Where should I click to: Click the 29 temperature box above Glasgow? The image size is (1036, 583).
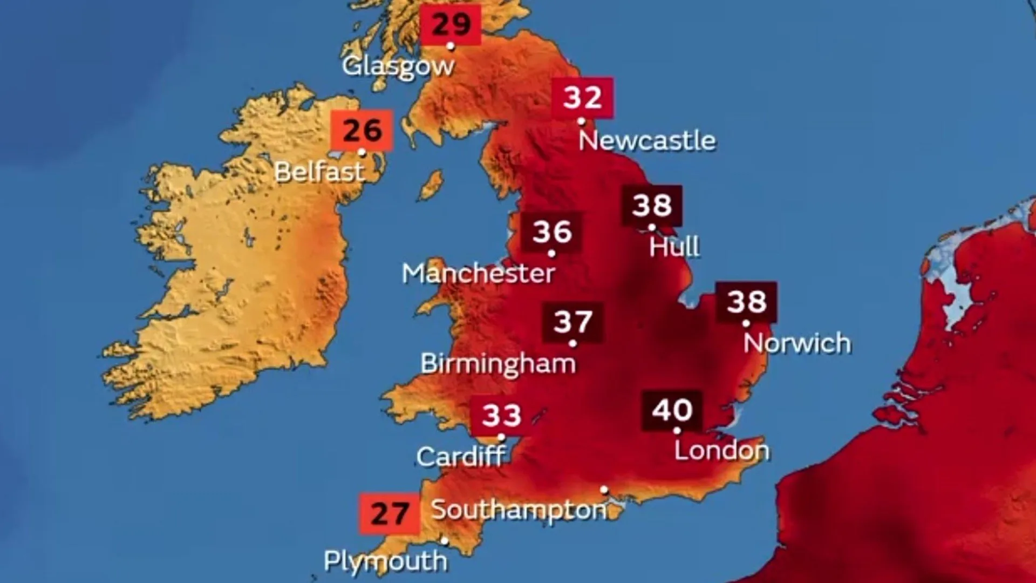451,24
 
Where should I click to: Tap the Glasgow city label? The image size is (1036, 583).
398,66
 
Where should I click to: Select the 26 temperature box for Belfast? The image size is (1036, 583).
362,130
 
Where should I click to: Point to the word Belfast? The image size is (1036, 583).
319,172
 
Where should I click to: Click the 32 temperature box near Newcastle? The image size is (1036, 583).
582,97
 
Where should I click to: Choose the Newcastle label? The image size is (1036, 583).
647,140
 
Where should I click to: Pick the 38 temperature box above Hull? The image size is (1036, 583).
652,205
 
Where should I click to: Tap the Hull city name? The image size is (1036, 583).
674,246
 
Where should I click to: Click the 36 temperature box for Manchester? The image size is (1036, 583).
551,232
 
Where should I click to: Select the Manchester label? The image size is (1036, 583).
478,273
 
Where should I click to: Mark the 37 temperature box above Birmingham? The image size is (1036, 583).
572,322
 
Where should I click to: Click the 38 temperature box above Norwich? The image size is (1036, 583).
746,301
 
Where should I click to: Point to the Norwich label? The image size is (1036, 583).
797,343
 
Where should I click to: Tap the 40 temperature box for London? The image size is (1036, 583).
672,410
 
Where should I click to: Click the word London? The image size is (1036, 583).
721,450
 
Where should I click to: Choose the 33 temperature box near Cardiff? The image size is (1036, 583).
501,415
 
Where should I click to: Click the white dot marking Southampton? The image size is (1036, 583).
604,490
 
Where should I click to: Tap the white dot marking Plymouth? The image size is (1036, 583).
445,540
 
